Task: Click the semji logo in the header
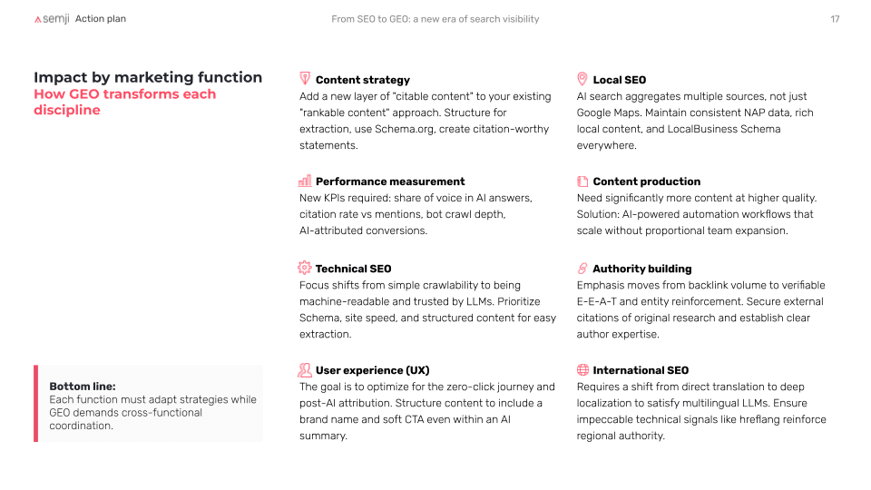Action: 52,19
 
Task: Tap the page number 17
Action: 835,19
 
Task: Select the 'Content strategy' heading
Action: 363,80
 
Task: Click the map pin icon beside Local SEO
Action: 582,79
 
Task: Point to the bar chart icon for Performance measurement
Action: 305,181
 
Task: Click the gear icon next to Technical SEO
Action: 305,268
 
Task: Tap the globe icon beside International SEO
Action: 582,369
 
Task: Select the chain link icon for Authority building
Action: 582,269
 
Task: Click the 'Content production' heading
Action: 647,181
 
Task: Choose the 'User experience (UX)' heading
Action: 372,370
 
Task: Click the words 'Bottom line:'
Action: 83,387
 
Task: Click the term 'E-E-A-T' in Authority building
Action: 597,301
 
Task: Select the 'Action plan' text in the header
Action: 101,19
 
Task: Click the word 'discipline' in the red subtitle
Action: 67,110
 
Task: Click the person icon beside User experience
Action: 305,370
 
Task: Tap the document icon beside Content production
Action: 582,181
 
